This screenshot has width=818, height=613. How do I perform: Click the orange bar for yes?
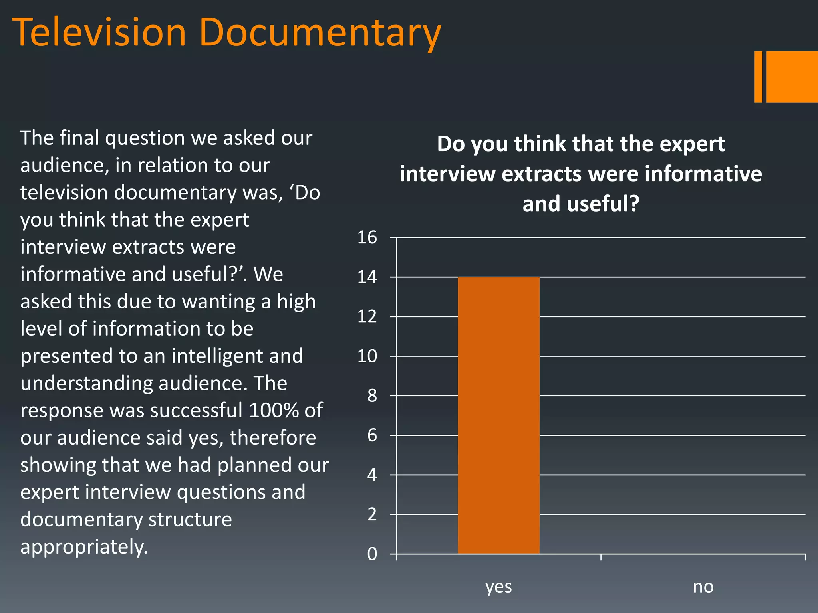point(498,415)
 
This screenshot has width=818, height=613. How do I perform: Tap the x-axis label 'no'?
point(703,587)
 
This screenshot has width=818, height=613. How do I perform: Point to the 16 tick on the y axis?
point(367,237)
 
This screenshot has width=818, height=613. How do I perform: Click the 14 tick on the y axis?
point(367,277)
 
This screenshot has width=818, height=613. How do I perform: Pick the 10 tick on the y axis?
point(367,356)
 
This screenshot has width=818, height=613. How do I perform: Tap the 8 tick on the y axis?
point(372,395)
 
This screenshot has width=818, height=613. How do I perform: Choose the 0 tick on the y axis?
point(372,554)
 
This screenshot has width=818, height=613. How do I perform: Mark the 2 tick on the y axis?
point(372,514)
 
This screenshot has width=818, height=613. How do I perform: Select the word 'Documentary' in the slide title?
point(320,33)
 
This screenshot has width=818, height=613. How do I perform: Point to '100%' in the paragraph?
point(273,410)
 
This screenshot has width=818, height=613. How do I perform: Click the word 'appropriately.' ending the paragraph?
point(84,547)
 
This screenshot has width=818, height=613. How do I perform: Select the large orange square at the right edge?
point(792,77)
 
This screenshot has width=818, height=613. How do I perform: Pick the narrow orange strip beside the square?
point(758,77)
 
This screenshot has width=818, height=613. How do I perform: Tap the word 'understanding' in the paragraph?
point(86,384)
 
